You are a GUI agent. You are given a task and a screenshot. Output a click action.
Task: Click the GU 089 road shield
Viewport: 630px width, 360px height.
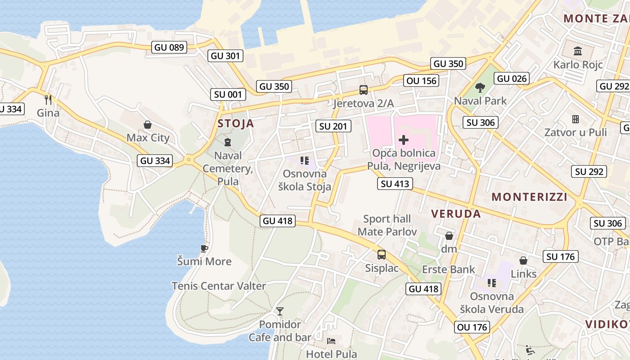pyautogui.click(x=169, y=47)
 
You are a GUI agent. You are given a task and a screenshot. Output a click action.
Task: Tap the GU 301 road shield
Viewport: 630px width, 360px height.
pyautogui.click(x=225, y=56)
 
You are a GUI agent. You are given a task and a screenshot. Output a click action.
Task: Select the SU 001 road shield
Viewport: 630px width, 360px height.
pyautogui.click(x=228, y=94)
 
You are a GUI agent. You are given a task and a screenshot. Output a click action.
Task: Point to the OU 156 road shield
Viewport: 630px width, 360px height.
pyautogui.click(x=421, y=81)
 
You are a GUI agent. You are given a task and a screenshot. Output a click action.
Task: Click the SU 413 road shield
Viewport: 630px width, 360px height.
pyautogui.click(x=395, y=183)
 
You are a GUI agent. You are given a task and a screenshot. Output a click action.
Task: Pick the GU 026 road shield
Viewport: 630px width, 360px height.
pyautogui.click(x=512, y=79)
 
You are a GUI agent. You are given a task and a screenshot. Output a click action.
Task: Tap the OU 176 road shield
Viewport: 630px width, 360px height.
pyautogui.click(x=472, y=327)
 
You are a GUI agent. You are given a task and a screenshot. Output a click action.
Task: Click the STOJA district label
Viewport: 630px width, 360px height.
pyautogui.click(x=236, y=124)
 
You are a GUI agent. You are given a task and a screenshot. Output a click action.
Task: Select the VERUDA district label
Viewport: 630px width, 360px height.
pyautogui.click(x=456, y=214)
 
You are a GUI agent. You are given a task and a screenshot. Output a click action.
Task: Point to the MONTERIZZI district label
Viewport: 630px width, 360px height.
pyautogui.click(x=529, y=197)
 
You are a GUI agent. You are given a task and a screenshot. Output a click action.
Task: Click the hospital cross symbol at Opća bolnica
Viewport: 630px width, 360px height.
pyautogui.click(x=404, y=140)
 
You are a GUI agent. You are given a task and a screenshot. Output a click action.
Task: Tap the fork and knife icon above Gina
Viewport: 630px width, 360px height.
pyautogui.click(x=48, y=99)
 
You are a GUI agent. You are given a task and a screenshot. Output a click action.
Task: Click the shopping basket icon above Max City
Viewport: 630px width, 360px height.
pyautogui.click(x=147, y=125)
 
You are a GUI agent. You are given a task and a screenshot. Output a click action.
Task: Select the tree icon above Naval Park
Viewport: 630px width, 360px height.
pyautogui.click(x=480, y=87)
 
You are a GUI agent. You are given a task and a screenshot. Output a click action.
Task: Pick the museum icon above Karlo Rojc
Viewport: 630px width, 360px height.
pyautogui.click(x=578, y=51)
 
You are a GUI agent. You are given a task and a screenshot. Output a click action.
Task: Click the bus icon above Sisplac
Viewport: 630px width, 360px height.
pyautogui.click(x=382, y=255)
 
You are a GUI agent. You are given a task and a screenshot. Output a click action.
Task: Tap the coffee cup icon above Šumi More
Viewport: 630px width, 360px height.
pyautogui.click(x=204, y=248)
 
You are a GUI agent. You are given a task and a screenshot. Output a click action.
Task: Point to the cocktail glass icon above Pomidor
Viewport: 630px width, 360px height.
pyautogui.click(x=280, y=311)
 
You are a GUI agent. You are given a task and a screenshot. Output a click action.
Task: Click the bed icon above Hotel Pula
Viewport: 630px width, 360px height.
pyautogui.click(x=331, y=341)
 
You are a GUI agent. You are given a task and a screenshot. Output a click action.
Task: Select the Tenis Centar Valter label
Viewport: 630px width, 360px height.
pyautogui.click(x=219, y=286)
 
